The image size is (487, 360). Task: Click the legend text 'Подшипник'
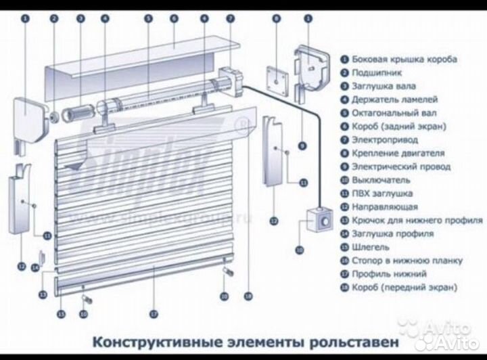click(x=373, y=73)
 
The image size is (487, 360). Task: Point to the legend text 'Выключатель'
click(x=377, y=180)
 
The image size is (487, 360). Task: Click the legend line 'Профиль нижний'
click(x=388, y=274)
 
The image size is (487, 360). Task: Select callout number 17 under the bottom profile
click(x=154, y=313)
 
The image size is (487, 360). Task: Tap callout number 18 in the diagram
click(x=248, y=296)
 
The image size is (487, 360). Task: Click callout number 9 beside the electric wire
click(x=301, y=145)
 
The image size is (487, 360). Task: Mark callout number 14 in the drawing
click(x=34, y=269)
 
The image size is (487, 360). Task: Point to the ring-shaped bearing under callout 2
click(x=52, y=115)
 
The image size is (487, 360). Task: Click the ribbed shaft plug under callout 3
click(x=76, y=111)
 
